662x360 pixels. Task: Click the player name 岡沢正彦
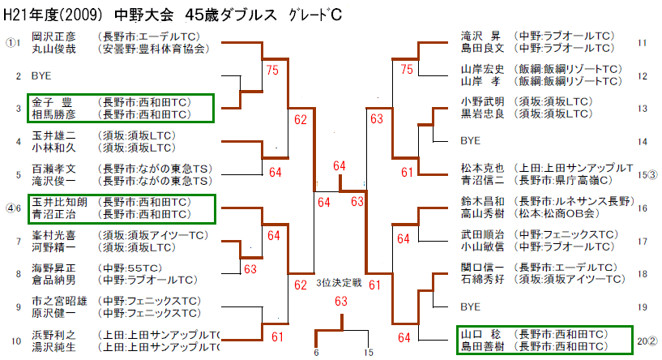pyautogui.click(x=53, y=36)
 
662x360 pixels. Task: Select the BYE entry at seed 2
pyautogui.click(x=41, y=76)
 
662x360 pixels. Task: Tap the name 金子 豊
pyautogui.click(x=52, y=103)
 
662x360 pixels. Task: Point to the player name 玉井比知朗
pyautogui.click(x=59, y=203)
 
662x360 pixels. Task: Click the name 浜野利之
pyautogui.click(x=53, y=335)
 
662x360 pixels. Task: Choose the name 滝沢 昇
pyautogui.click(x=480, y=36)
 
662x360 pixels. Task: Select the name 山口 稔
pyautogui.click(x=480, y=334)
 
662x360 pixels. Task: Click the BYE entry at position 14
pyautogui.click(x=470, y=141)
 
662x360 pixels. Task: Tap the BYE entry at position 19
pyautogui.click(x=470, y=306)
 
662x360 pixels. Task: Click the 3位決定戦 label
pyautogui.click(x=339, y=283)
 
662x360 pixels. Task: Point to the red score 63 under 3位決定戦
pyautogui.click(x=341, y=302)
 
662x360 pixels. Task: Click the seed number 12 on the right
pyautogui.click(x=643, y=76)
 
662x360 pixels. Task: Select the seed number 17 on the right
pyautogui.click(x=643, y=242)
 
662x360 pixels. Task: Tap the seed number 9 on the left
pyautogui.click(x=18, y=307)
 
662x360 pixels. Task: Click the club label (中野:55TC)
pyautogui.click(x=130, y=268)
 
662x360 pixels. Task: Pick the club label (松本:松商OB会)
pyautogui.click(x=557, y=213)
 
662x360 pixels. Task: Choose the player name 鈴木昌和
pyautogui.click(x=483, y=202)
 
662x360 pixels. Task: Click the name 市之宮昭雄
pyautogui.click(x=59, y=302)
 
